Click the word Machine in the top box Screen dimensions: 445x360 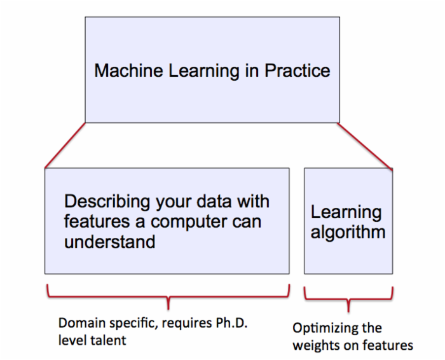coord(128,71)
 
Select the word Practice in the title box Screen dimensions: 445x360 coord(298,71)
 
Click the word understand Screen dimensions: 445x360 coord(109,242)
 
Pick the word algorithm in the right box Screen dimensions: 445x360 coord(348,233)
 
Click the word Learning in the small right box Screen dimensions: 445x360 coord(346,212)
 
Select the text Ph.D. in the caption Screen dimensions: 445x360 coord(231,323)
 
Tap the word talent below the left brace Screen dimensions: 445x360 coord(109,340)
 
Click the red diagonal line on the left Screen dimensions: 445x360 coord(65,146)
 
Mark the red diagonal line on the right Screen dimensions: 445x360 coord(365,146)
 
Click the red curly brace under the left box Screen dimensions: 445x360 coord(168,297)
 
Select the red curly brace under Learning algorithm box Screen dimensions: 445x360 coord(348,299)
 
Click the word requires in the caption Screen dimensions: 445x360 coord(187,324)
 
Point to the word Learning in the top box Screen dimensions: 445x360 coord(204,71)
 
